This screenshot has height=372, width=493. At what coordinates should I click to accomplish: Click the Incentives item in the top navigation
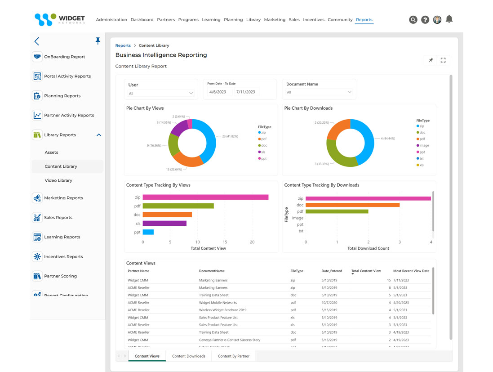point(313,20)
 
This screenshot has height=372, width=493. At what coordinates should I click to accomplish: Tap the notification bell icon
point(449,19)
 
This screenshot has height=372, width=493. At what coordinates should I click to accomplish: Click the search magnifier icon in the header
point(413,20)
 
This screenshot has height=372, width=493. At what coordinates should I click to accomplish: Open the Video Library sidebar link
point(58,180)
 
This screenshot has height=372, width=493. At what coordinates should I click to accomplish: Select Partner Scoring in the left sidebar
point(60,276)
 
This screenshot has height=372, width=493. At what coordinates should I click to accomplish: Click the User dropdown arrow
point(191,93)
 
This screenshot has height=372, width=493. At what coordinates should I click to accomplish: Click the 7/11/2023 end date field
point(245,92)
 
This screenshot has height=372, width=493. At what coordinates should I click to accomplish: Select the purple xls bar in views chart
point(164,223)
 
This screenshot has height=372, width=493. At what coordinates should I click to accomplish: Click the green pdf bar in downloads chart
point(337,211)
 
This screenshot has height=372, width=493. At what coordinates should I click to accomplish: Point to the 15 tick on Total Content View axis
point(225,242)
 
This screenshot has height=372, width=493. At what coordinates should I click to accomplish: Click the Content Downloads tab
point(188,356)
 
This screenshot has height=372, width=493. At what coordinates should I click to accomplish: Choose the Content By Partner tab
point(233,356)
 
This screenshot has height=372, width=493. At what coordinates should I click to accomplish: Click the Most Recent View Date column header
point(411,271)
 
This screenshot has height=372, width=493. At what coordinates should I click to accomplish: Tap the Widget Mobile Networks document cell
point(218,303)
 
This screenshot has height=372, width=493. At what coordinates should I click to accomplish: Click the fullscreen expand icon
point(443,60)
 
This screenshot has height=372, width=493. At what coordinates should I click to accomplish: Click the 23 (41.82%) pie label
point(230,136)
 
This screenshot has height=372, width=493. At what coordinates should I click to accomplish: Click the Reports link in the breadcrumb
point(123,45)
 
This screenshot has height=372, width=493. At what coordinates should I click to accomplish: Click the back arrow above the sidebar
point(37,41)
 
